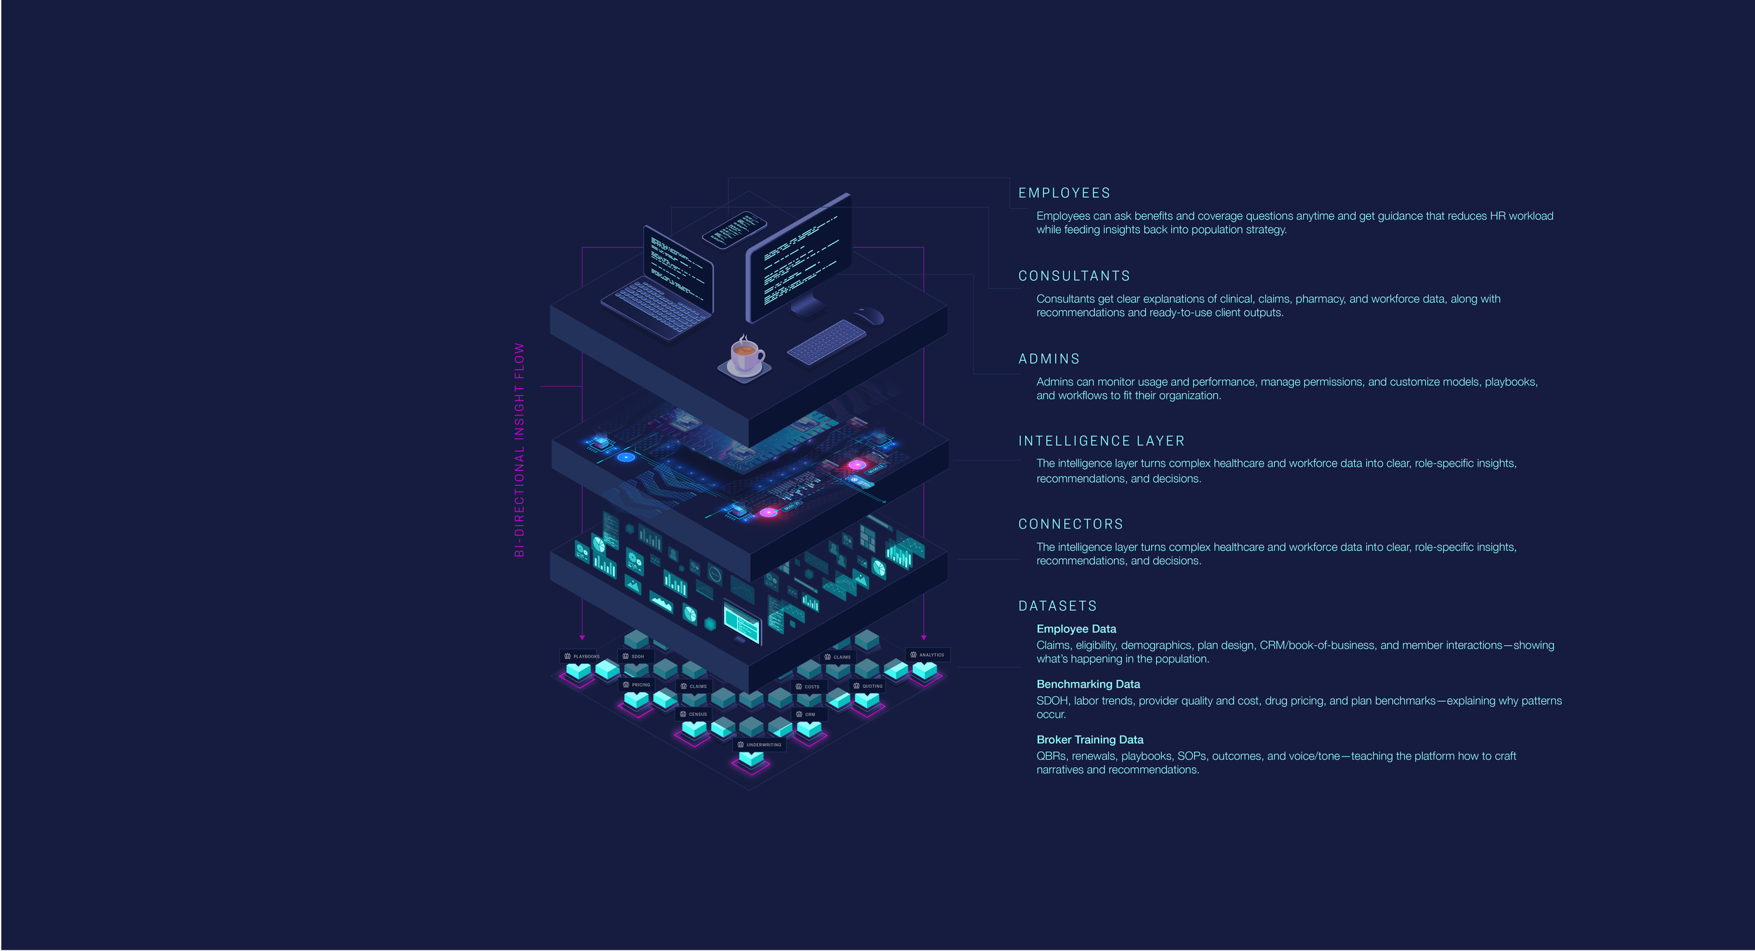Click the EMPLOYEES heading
(1064, 193)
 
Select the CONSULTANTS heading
(1074, 276)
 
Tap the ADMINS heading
(1049, 359)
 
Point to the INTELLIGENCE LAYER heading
(1101, 441)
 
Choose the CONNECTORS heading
(1071, 524)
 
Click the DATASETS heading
(1057, 606)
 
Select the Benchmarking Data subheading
(1088, 684)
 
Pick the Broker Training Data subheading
(1090, 739)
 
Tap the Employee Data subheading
(1076, 629)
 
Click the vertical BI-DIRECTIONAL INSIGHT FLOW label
(519, 450)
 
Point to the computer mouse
(869, 315)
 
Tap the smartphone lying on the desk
(734, 230)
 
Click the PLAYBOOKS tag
(582, 656)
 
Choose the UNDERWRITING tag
(760, 745)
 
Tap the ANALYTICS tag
(927, 655)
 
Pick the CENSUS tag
(694, 714)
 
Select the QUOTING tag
(868, 686)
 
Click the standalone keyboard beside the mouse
(827, 342)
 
